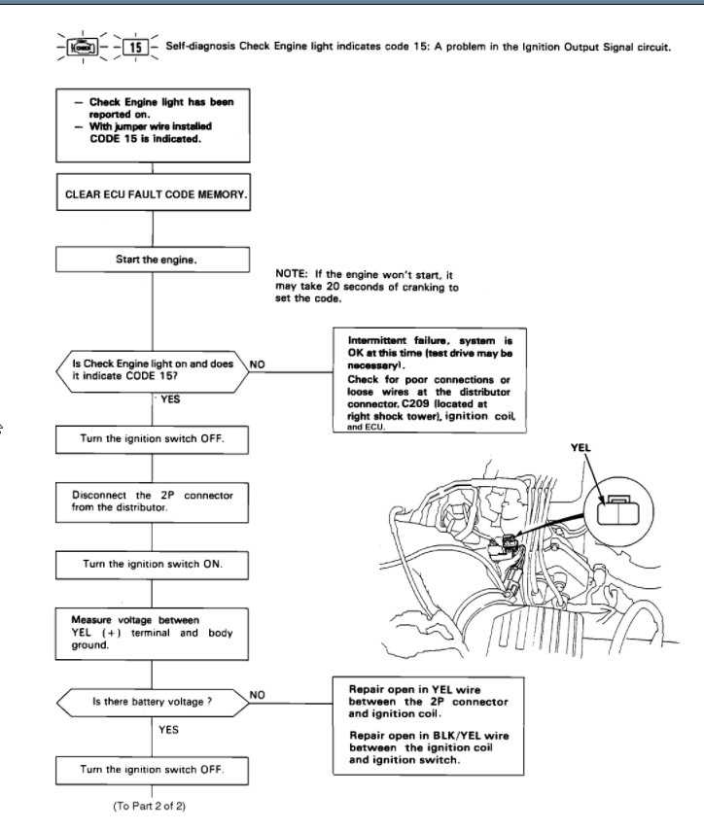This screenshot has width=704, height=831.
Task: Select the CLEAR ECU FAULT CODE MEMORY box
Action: point(154,193)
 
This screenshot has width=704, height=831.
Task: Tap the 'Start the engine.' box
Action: point(154,260)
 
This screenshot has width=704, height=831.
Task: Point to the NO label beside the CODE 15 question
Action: point(258,364)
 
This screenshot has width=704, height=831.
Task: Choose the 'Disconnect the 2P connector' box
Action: point(154,502)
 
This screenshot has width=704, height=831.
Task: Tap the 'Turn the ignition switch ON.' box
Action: point(154,564)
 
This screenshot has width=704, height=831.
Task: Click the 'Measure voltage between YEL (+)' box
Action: point(154,633)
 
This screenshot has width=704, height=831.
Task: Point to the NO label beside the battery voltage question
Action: point(258,694)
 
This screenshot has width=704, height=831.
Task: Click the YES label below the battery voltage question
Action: point(168,730)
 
